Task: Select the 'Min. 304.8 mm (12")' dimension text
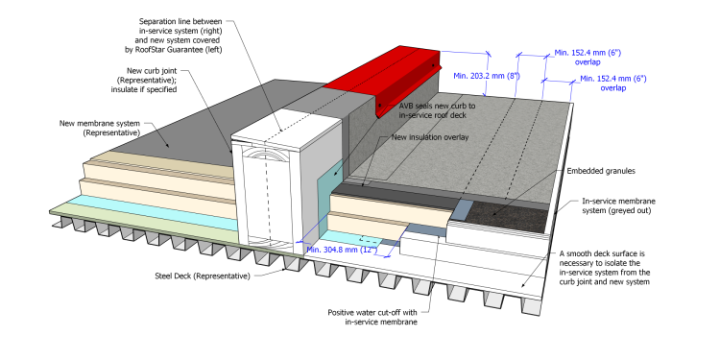coord(342,250)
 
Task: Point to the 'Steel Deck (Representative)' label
coord(203,276)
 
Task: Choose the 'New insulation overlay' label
coord(430,137)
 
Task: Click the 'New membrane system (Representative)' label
coord(100,128)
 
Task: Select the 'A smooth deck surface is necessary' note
coord(604,267)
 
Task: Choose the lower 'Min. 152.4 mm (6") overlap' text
coord(613,84)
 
